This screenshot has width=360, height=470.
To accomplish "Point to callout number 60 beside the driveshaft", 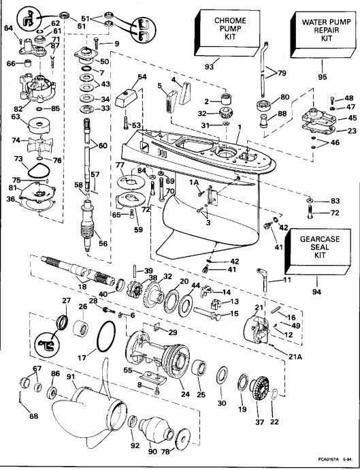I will pos(103,146).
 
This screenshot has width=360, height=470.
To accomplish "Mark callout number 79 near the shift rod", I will pos(280,73).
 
